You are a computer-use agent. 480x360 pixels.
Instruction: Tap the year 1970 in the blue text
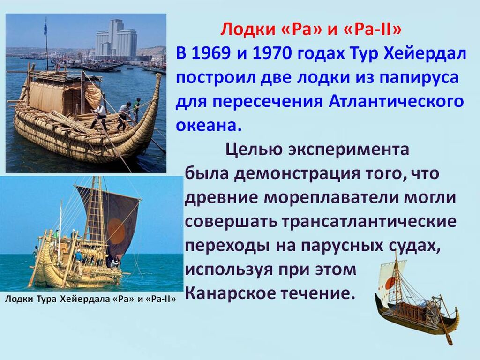coord(272,53)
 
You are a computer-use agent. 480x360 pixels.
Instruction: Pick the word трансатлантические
coord(369,221)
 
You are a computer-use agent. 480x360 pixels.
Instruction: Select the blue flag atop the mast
coord(45,27)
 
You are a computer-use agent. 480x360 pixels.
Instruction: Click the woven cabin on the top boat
coord(61,95)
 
